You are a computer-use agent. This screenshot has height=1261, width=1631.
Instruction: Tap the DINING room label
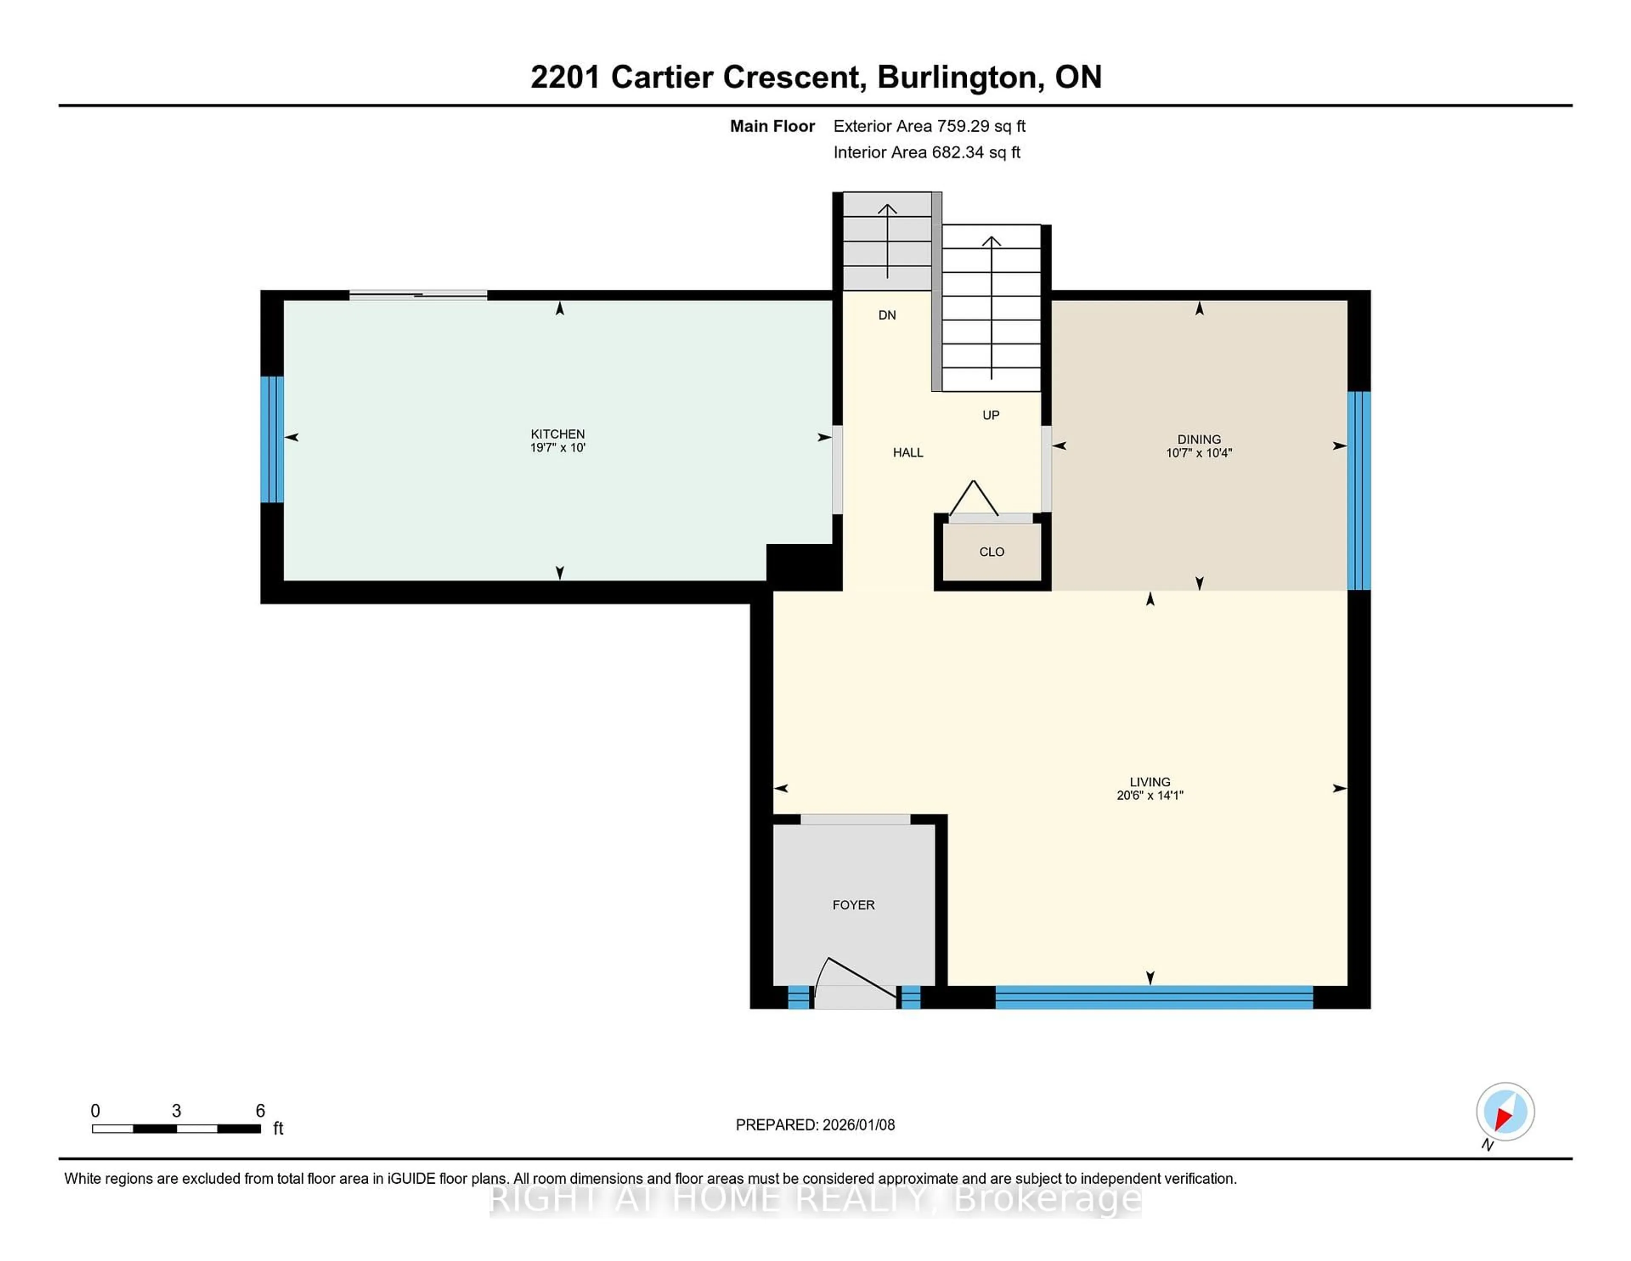(1199, 439)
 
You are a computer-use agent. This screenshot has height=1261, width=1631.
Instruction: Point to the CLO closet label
(991, 552)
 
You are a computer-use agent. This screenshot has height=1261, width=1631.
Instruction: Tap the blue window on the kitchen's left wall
(272, 439)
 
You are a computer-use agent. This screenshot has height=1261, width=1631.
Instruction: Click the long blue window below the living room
(1154, 997)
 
